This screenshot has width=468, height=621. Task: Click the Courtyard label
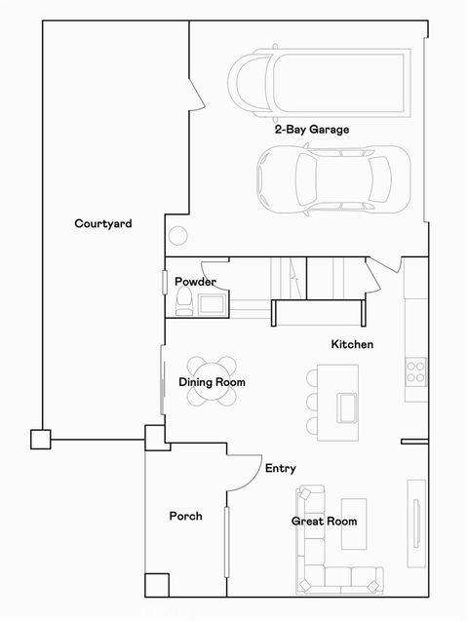point(103,223)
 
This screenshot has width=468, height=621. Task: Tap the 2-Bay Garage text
point(311,129)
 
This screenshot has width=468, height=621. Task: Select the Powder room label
point(195,282)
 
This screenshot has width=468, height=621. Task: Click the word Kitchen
point(352,344)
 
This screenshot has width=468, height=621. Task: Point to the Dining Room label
point(212,382)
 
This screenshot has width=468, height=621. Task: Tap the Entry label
point(280,469)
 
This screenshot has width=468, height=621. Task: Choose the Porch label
point(185,516)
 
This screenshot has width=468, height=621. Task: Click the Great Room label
point(324,522)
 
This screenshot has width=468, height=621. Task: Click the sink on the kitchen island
point(348,405)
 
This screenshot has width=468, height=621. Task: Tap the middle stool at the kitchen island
point(313,401)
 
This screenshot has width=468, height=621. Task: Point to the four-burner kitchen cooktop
point(415,371)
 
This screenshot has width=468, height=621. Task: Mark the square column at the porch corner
point(156,584)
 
